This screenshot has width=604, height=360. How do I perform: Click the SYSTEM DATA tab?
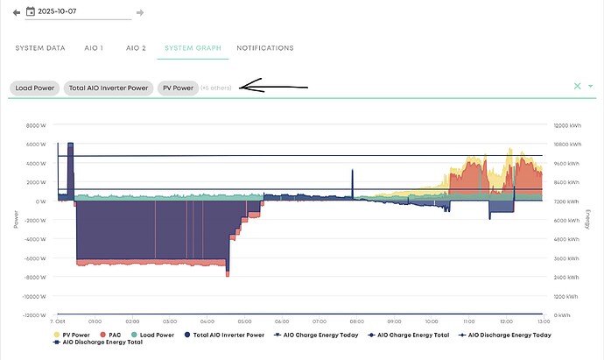40,47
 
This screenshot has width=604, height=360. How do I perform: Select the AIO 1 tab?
94,47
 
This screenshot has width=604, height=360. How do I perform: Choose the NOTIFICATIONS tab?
265,47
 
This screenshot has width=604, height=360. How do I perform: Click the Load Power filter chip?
34,88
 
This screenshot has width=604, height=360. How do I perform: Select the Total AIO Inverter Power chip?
109,88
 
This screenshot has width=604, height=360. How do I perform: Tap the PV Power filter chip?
176,88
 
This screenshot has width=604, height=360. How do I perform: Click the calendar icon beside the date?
31,12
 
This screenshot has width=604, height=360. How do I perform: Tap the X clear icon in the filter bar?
577,86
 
